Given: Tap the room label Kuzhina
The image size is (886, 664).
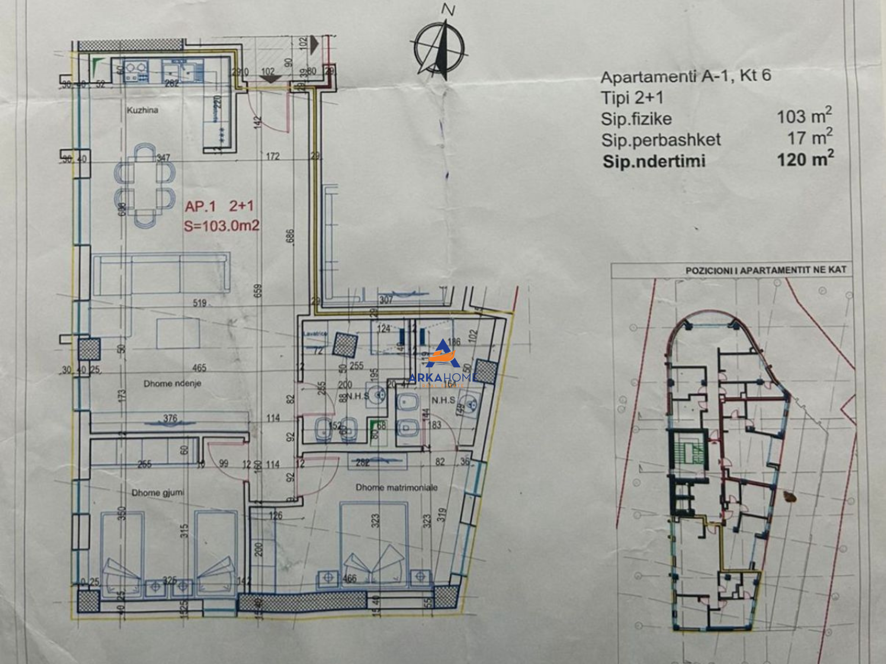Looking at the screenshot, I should coord(142,110).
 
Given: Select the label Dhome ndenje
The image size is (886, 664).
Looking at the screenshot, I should coord(172,383).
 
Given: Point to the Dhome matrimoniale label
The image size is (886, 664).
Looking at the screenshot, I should coord(397,488).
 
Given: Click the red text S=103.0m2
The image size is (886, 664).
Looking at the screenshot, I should coord(222,225).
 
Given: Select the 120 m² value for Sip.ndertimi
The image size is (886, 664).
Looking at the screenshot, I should coord(805,160).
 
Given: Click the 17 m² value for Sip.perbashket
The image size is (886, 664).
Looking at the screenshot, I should coord(809,138).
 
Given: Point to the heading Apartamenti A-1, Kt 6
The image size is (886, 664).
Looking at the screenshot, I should coord(686,76).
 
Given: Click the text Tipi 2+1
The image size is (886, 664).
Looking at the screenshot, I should coord(632,98).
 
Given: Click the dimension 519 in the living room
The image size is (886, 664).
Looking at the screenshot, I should coord(199,303).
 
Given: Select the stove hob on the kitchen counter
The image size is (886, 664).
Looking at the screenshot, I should coord(136,71).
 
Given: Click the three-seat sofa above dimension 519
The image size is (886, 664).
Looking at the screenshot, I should coord(160,275).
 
